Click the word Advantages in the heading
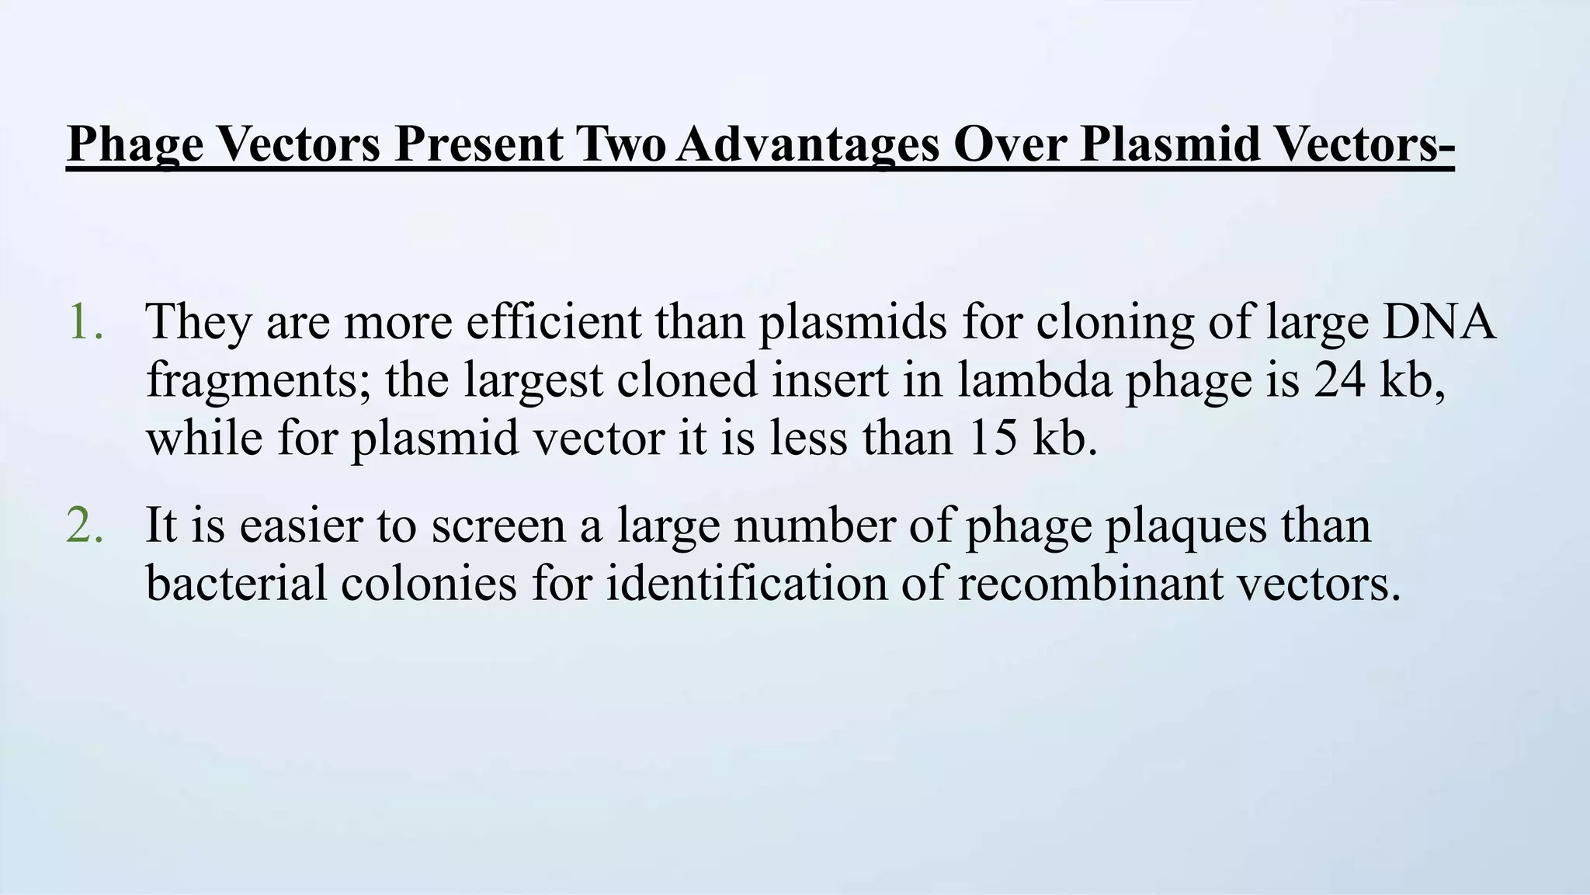pyautogui.click(x=807, y=144)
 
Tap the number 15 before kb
pyautogui.click(x=991, y=438)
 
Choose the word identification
pyautogui.click(x=746, y=584)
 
